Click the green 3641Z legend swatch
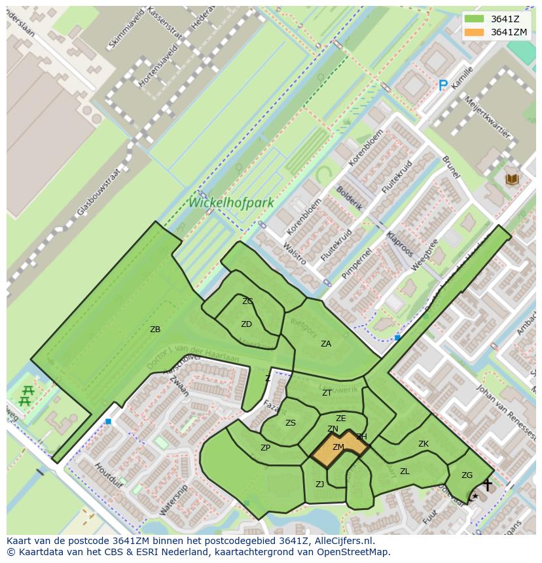click(x=475, y=19)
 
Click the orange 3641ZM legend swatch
click(x=475, y=32)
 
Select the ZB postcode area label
click(x=155, y=330)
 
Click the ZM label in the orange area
click(x=338, y=447)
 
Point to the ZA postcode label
click(x=325, y=343)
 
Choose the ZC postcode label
click(x=247, y=301)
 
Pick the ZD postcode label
click(x=246, y=324)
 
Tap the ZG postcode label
click(x=467, y=475)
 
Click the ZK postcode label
click(x=424, y=444)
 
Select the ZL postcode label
click(x=405, y=471)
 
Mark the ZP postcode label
click(x=265, y=448)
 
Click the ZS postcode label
click(x=291, y=423)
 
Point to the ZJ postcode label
click(x=319, y=485)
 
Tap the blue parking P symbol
click(x=443, y=85)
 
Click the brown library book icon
click(x=511, y=179)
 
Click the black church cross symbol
click(x=487, y=485)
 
